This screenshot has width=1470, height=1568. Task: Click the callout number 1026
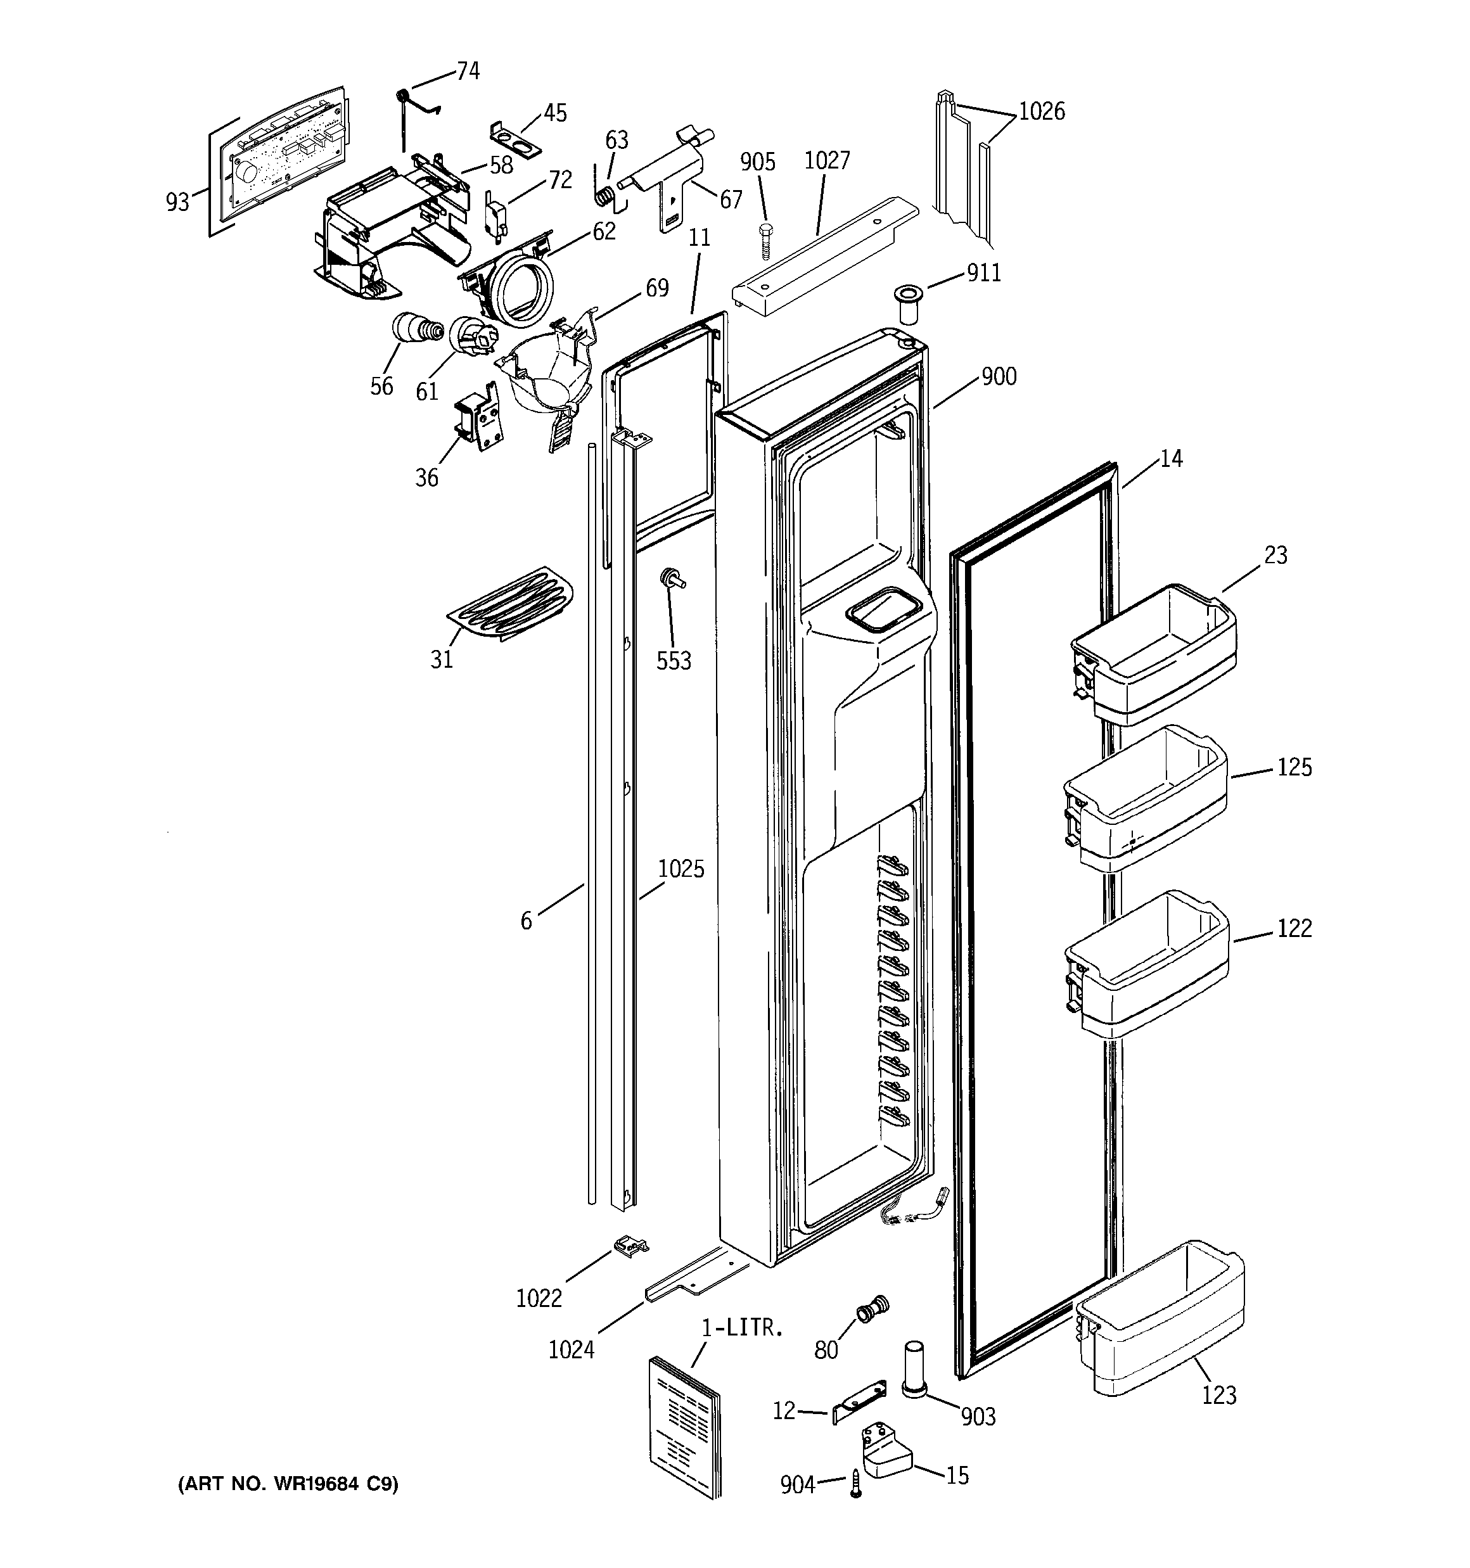[1041, 112]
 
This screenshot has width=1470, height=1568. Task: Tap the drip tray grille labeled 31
[509, 602]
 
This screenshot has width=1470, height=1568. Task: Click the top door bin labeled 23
[1153, 654]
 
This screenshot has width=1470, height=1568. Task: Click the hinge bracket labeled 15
[886, 1451]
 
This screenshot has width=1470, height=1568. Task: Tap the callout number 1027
[826, 160]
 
